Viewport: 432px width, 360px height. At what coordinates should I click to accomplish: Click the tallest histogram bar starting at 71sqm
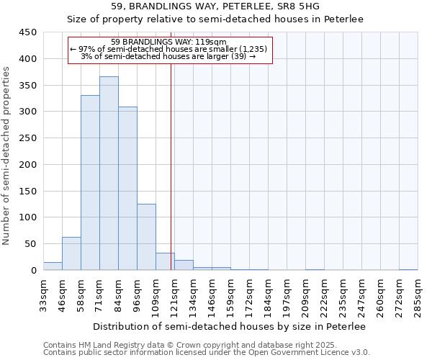[109, 174]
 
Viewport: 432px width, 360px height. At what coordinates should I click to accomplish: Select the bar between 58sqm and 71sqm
[90, 183]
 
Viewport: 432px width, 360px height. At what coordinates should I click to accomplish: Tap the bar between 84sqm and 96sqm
[127, 189]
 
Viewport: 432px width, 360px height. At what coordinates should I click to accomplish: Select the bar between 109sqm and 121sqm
[165, 262]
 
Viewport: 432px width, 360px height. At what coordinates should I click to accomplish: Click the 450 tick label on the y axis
[27, 32]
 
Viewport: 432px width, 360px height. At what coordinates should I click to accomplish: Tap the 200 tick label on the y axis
[27, 165]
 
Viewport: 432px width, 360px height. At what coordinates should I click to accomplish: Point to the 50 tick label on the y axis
[30, 244]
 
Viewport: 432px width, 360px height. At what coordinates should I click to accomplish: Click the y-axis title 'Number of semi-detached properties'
[6, 156]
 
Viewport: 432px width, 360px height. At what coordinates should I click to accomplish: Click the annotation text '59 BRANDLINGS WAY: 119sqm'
[170, 42]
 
